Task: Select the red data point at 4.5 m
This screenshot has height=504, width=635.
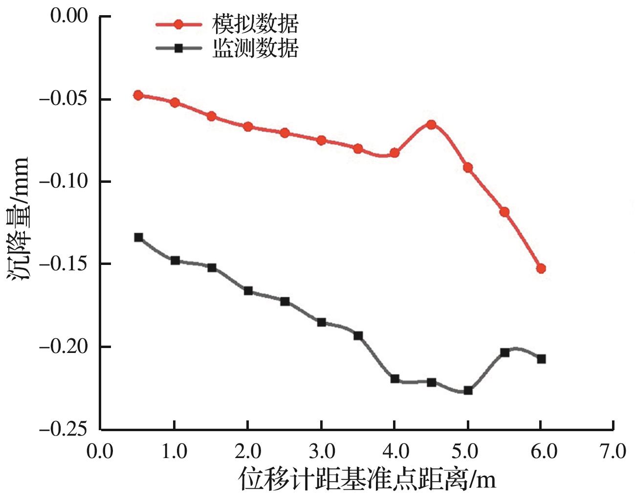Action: [x=431, y=125]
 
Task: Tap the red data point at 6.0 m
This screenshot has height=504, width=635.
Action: [x=541, y=268]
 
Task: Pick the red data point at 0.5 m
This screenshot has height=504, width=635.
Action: [x=138, y=95]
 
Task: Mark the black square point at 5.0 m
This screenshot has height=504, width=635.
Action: [x=468, y=390]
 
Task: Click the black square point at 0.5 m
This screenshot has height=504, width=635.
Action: [x=138, y=237]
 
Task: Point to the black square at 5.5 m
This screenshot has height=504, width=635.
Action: [x=504, y=352]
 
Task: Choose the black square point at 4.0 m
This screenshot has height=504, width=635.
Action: [x=394, y=378]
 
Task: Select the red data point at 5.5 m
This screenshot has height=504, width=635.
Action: [x=504, y=212]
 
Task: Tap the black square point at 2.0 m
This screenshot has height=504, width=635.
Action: [x=248, y=291]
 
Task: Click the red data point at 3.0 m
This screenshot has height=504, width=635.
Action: [x=321, y=140]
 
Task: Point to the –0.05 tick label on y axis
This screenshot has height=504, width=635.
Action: [x=63, y=99]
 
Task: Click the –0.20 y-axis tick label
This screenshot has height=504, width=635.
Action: [x=63, y=347]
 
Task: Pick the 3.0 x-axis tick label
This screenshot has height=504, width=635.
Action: [x=321, y=451]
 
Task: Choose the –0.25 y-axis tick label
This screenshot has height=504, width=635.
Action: [x=63, y=429]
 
